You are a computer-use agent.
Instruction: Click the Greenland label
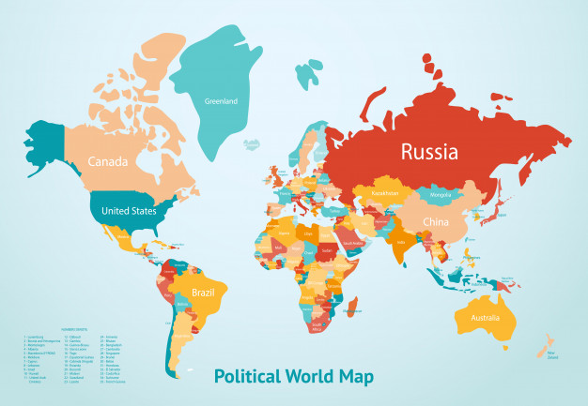point(221,100)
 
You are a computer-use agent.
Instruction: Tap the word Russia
point(429,151)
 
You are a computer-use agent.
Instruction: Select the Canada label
point(108,161)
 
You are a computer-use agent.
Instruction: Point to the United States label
point(129,211)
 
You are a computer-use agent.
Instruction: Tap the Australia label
point(478,320)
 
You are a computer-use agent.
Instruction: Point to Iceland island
point(251,143)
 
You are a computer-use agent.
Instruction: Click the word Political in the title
point(245,377)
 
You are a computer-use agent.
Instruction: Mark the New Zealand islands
point(546,348)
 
